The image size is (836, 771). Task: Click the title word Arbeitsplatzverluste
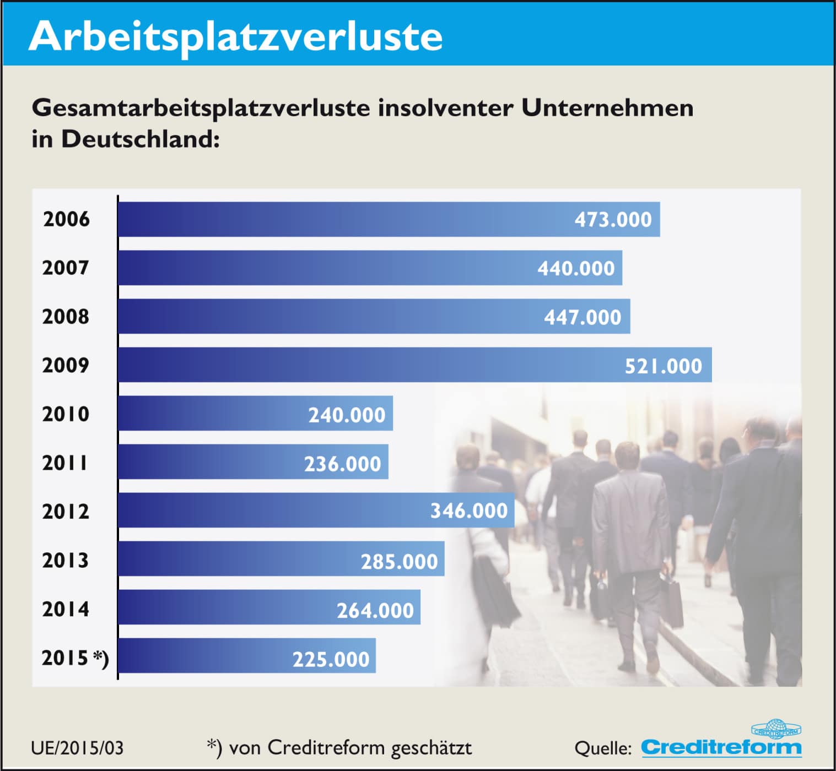tap(235, 36)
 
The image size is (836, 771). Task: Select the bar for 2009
tap(386, 365)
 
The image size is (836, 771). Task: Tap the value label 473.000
tap(613, 220)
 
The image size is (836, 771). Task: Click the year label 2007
tap(66, 268)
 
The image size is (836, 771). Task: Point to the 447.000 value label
tap(582, 317)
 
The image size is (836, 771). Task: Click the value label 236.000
tap(342, 464)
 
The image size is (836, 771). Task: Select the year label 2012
tap(66, 512)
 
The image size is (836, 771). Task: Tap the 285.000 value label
tap(399, 561)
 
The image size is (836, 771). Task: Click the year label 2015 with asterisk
tap(75, 658)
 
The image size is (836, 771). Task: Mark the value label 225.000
tap(331, 659)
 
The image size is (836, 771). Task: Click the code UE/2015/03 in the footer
tap(77, 748)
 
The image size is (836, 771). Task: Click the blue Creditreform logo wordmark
tap(721, 748)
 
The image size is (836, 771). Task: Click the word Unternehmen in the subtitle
tap(607, 108)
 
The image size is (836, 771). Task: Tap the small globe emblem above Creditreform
tap(776, 728)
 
